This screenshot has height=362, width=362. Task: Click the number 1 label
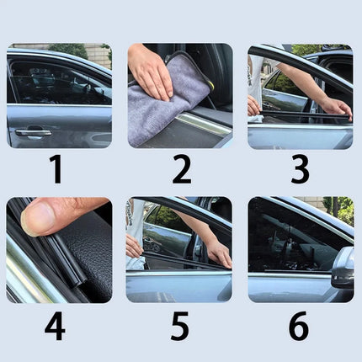(56, 169)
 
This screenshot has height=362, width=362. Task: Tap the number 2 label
(181, 169)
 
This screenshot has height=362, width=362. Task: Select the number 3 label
(300, 169)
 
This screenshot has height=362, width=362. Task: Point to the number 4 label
(56, 326)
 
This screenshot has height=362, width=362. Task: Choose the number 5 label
(179, 326)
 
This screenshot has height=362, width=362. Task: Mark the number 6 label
(299, 326)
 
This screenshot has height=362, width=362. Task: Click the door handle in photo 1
(33, 132)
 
